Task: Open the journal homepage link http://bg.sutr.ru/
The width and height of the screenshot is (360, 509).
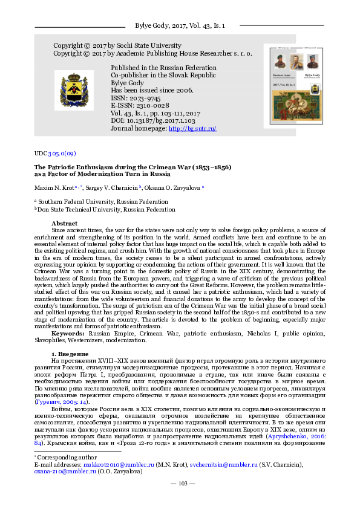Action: pos(192,129)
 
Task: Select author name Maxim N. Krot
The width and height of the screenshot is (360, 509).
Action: pos(53,188)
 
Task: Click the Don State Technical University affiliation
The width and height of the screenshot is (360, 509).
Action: pos(106,210)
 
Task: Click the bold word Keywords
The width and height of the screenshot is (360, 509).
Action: pos(68,333)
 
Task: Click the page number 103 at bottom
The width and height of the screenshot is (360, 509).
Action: pos(179,499)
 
